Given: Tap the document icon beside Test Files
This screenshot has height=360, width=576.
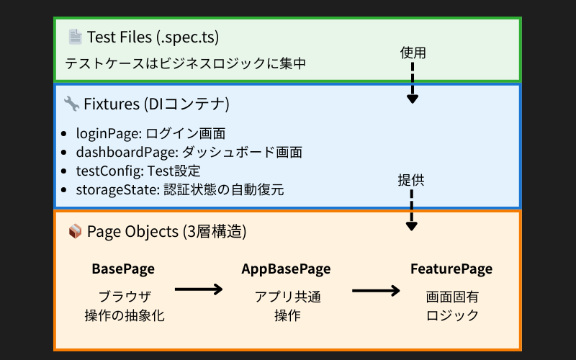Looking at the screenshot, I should pos(75,36).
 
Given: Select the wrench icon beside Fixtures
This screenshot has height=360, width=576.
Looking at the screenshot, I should pos(71,104).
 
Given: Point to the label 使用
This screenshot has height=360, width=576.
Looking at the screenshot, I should pos(413,53).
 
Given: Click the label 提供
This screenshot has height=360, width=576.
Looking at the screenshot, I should pos(411,180).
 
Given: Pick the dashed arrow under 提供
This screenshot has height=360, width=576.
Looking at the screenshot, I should pos(411,210).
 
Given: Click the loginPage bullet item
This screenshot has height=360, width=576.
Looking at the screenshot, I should pos(150,133).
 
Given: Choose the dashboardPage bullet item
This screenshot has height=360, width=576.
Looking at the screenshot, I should pos(189,152).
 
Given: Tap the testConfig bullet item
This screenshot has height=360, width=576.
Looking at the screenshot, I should pos(138,171).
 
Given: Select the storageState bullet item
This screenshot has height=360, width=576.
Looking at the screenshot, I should pos(180,190).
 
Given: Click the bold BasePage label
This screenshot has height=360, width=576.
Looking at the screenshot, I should pos(123,269).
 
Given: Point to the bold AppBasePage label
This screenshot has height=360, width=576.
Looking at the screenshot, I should pos(286,269).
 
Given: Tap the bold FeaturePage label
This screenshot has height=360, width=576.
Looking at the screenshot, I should pos(451,269).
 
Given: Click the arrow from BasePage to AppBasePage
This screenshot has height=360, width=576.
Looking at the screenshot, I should pos(199,289).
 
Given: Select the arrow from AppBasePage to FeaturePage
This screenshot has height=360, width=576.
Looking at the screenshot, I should pos(376,291).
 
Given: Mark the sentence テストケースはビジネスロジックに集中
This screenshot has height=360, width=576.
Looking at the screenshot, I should pos(186,63).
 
